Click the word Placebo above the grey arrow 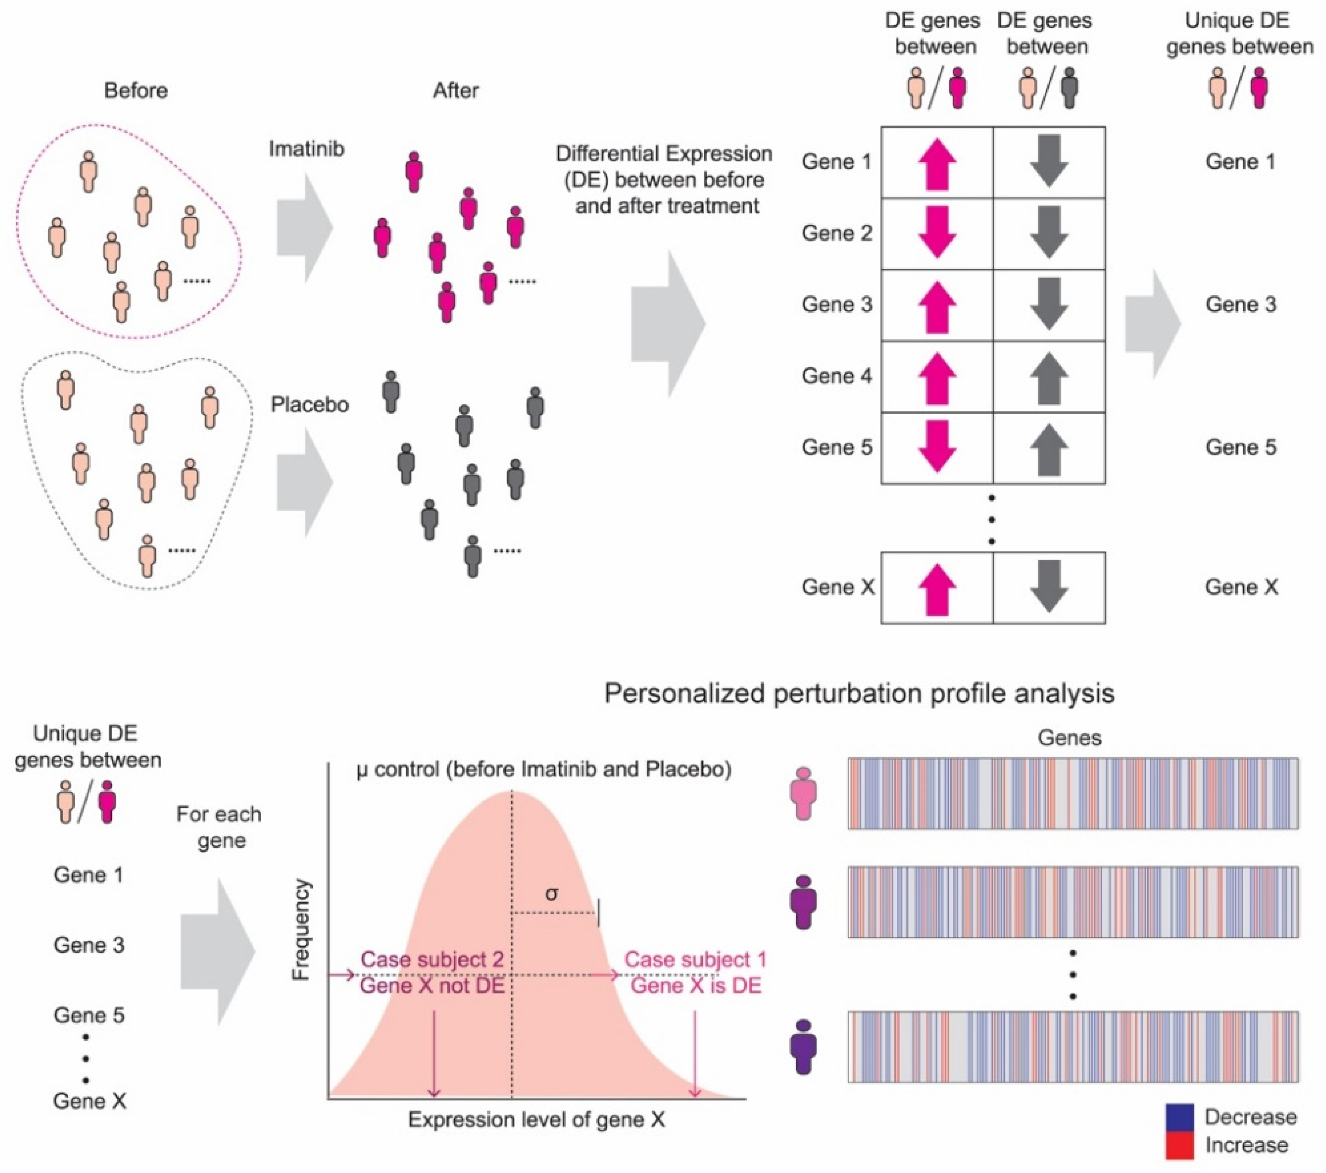(x=310, y=405)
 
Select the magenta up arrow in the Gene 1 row (x=937, y=163)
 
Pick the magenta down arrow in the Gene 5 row (x=937, y=446)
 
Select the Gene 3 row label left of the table (x=837, y=304)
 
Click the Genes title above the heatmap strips (x=1069, y=738)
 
